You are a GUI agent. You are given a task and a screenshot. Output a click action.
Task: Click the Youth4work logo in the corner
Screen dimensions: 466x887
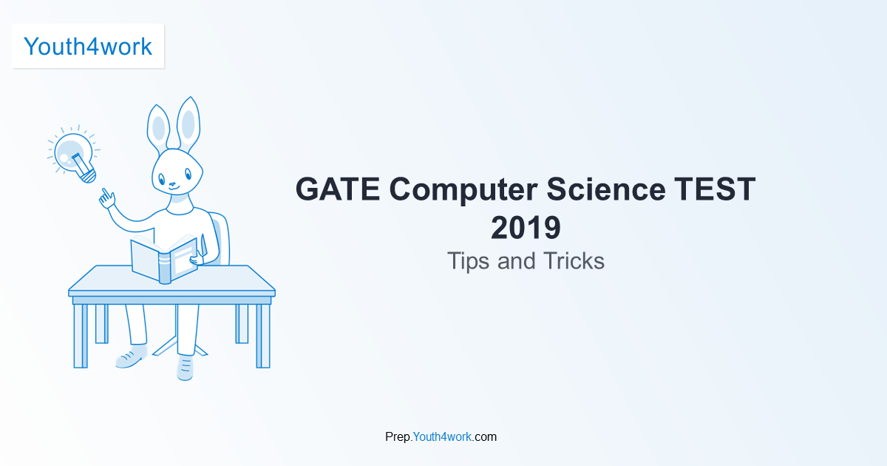(x=88, y=47)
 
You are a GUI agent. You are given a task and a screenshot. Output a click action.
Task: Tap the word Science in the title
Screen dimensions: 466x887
(x=605, y=189)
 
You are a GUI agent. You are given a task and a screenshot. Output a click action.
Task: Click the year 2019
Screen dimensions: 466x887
(x=526, y=228)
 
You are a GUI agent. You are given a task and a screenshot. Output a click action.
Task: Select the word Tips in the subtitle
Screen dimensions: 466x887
(x=469, y=261)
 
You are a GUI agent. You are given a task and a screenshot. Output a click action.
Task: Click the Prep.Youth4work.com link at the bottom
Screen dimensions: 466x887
(x=441, y=436)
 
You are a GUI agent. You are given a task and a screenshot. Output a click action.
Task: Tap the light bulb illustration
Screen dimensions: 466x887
(x=72, y=154)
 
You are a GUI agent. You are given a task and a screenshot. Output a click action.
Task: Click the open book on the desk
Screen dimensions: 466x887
(x=164, y=259)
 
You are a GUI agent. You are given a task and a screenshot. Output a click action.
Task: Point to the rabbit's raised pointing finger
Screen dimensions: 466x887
(x=106, y=194)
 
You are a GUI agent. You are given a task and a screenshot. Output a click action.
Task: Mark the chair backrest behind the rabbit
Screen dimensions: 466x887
(x=220, y=237)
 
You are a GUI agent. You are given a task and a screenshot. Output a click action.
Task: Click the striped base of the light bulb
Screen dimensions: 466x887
(x=86, y=175)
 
